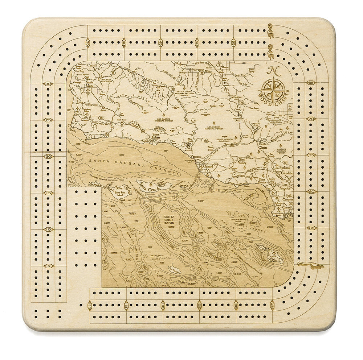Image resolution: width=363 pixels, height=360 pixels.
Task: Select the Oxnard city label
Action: click(208, 166)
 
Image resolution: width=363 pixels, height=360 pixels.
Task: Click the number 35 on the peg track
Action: click(88, 43)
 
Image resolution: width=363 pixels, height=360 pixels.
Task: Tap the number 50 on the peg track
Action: click(197, 43)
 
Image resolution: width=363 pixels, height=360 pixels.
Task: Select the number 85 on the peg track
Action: click(311, 228)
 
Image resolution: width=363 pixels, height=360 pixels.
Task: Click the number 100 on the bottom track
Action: click(236, 306)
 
